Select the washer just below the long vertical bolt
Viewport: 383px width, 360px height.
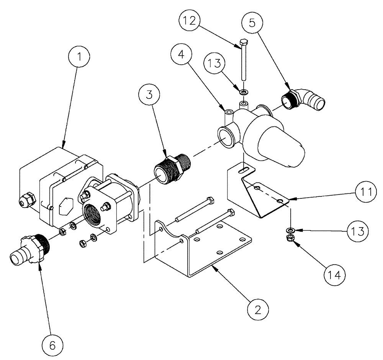point(243,92)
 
